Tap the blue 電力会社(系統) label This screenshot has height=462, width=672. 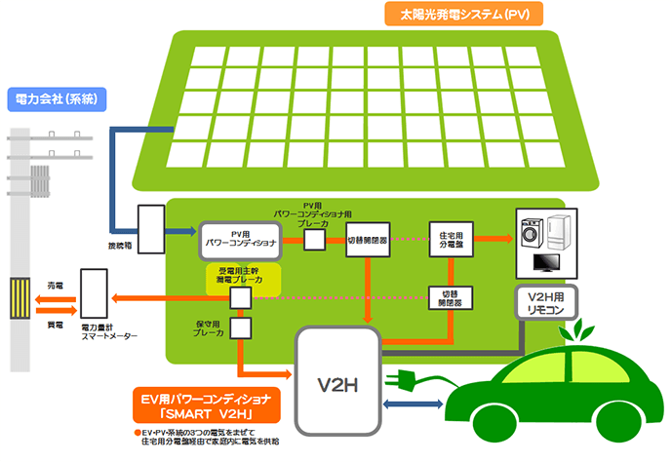point(58,98)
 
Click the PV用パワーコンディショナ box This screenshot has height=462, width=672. point(241,238)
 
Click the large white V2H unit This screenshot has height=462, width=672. point(337,381)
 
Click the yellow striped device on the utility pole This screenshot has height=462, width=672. point(21,298)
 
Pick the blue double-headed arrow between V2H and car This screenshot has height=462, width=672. point(415,404)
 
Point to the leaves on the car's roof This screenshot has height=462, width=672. point(570,330)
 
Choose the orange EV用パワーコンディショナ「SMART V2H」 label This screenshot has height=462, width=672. point(206,405)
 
